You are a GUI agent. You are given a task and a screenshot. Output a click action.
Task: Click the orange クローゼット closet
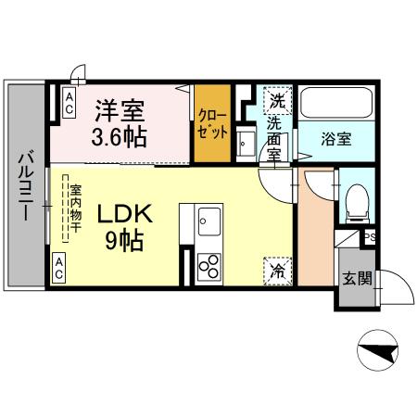coord(211,123)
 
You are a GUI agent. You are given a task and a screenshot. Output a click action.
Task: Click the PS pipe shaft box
coord(368,238)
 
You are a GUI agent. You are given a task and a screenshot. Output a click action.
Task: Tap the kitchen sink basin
coord(208,223)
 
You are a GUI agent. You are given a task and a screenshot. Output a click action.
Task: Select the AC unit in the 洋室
coord(69,103)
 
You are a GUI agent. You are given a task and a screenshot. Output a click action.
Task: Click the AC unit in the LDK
coord(58,270)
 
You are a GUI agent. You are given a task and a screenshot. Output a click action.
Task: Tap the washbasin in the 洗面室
coord(245,145)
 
